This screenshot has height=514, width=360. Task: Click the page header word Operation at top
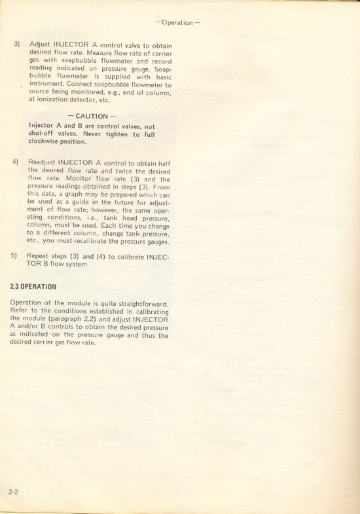point(177,23)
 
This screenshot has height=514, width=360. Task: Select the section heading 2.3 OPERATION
point(33,287)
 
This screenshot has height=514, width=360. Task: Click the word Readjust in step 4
point(46,161)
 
